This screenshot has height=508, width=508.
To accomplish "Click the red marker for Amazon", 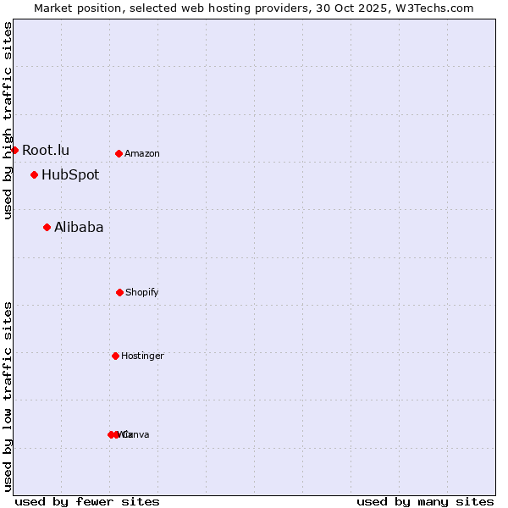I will [x=119, y=153].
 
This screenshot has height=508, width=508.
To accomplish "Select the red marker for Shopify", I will [x=119, y=292].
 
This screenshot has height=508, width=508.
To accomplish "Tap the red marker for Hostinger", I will [x=115, y=356].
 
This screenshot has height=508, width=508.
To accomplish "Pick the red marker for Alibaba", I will [x=47, y=227].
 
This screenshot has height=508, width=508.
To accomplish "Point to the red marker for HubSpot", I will [x=34, y=175].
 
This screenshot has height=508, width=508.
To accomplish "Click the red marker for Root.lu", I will [x=14, y=150].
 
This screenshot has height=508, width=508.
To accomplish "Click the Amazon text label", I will [x=142, y=153].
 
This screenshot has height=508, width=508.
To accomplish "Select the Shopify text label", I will [x=142, y=292].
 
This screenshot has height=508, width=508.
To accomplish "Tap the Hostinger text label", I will [x=142, y=356].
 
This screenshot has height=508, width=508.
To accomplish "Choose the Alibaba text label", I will [x=79, y=227].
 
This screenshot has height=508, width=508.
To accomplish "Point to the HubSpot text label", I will [x=70, y=175].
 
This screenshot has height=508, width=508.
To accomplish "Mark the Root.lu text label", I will [x=46, y=150].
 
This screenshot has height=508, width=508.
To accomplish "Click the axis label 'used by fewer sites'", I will [x=87, y=501].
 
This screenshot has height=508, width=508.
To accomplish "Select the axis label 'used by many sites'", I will [x=425, y=501].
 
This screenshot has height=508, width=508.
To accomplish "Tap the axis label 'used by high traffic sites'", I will [x=8, y=120].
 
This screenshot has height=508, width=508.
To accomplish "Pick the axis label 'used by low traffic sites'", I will [x=8, y=396].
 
